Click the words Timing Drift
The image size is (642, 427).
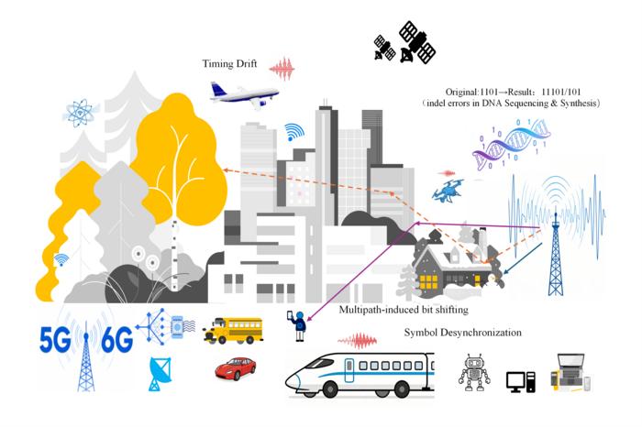point(229,64)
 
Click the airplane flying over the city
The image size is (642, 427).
point(244,95)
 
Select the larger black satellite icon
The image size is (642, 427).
point(416,42)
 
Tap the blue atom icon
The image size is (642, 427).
point(81,113)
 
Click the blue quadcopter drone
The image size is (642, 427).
point(448,191)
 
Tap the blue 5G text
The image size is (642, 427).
point(55,339)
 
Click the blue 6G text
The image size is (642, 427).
point(116,339)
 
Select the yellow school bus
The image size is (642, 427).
point(233,330)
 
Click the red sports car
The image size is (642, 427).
point(236,367)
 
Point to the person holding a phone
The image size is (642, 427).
point(298,326)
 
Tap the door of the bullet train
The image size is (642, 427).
point(349,370)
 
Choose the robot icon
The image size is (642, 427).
point(474,372)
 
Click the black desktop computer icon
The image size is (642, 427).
point(521,381)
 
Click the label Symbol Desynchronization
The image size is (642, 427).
point(462,333)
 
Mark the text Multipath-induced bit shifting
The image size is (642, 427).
point(404,310)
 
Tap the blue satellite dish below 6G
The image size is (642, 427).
point(160,374)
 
